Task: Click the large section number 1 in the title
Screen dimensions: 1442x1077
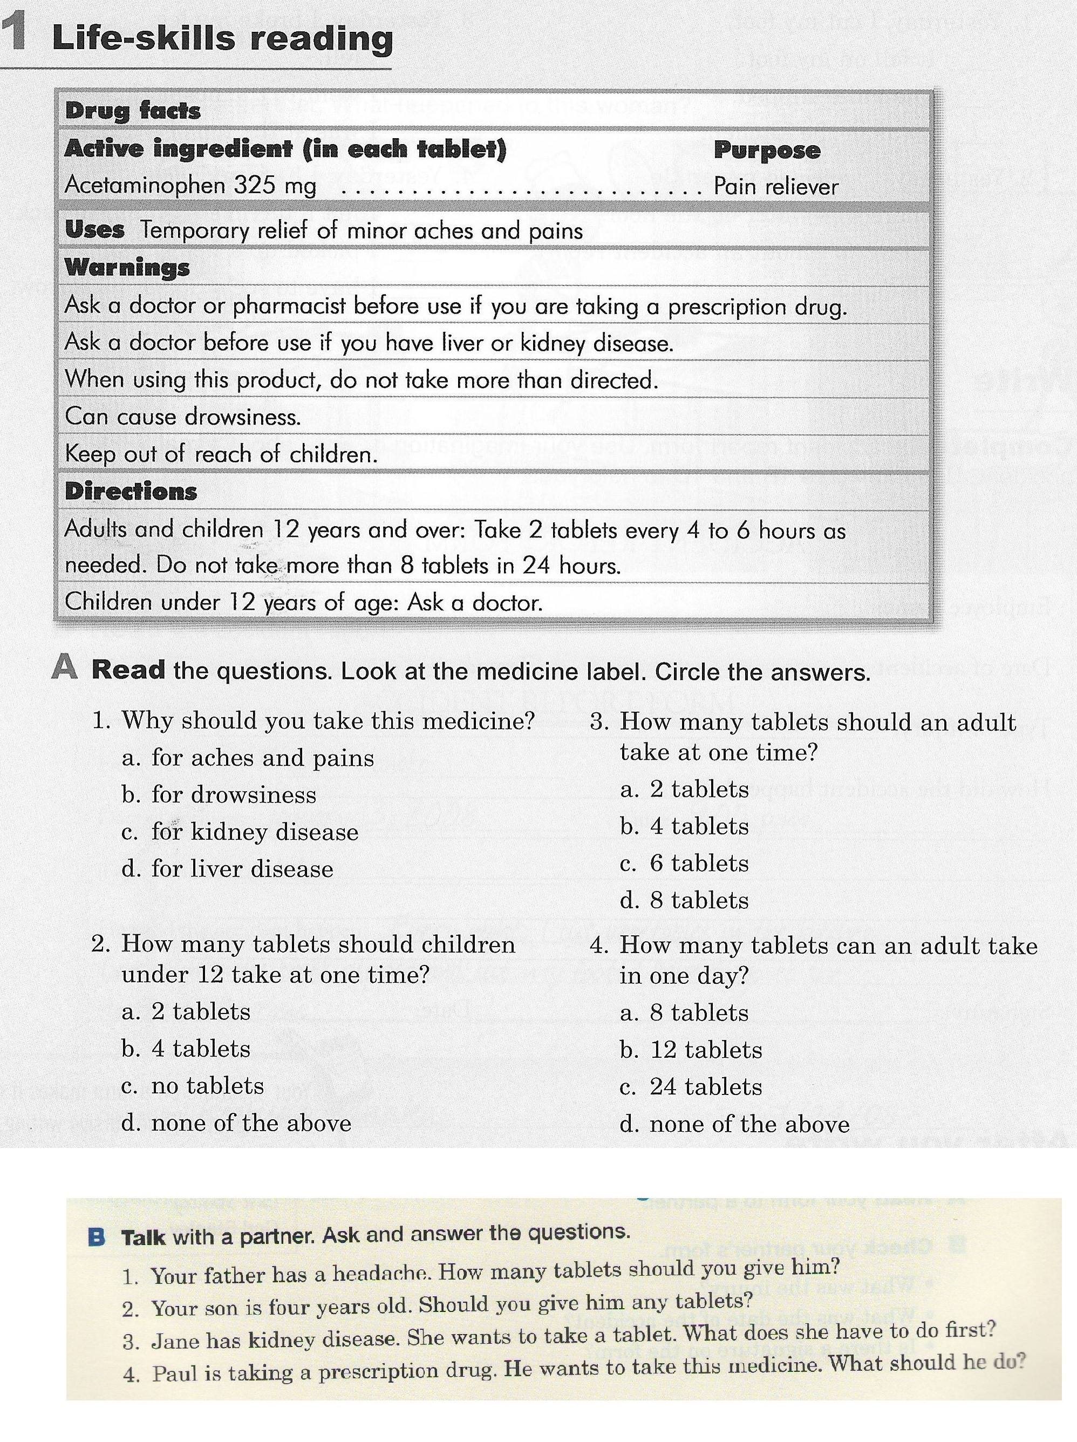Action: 15,32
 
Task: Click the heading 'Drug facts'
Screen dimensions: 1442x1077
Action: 132,110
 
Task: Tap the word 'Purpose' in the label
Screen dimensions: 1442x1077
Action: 767,150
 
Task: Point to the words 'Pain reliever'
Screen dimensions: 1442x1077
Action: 776,187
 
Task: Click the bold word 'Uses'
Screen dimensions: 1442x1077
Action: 94,230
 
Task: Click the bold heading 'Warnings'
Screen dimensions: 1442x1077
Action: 127,267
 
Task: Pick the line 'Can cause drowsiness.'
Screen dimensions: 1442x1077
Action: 183,417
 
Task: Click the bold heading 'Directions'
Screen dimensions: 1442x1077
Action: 131,492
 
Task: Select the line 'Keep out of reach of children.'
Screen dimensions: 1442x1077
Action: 222,454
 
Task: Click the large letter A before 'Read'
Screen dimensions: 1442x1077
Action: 65,667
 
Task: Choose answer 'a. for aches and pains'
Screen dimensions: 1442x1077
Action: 248,758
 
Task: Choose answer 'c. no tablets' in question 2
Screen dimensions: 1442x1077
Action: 193,1086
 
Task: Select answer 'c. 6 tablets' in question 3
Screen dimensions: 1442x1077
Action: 685,864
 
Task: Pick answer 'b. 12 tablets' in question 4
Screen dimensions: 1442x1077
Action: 691,1050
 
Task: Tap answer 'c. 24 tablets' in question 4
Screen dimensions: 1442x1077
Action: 691,1087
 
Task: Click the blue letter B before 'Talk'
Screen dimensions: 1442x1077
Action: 96,1236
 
